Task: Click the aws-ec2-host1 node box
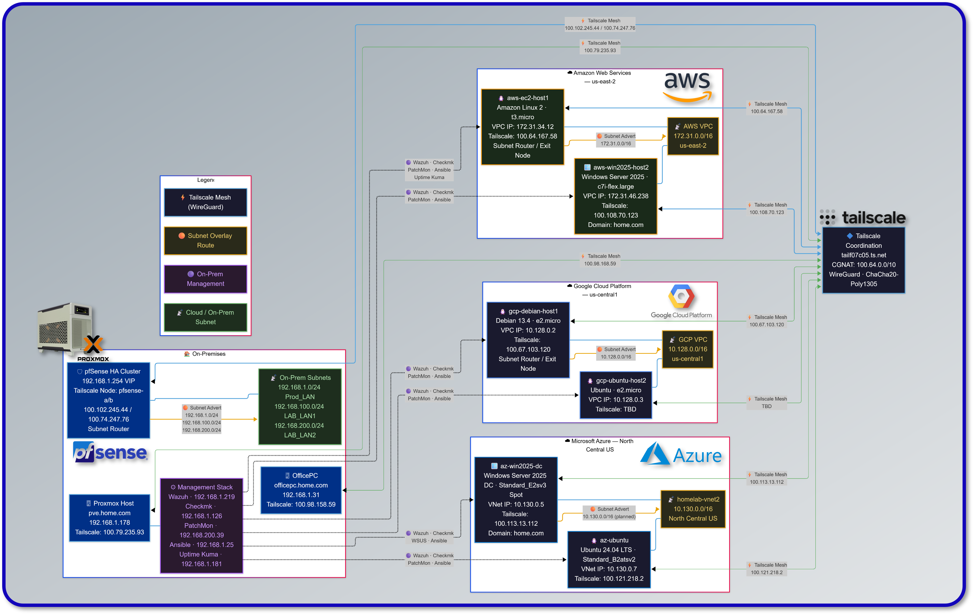522,127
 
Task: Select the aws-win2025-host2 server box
615,196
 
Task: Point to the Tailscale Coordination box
863,260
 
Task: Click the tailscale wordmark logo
863,217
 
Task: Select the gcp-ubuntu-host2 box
615,395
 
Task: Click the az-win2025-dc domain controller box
516,500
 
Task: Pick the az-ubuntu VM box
609,559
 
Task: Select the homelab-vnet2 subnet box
692,509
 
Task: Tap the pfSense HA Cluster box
108,400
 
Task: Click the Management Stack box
201,526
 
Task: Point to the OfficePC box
301,490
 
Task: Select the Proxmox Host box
110,518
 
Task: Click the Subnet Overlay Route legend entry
205,241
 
